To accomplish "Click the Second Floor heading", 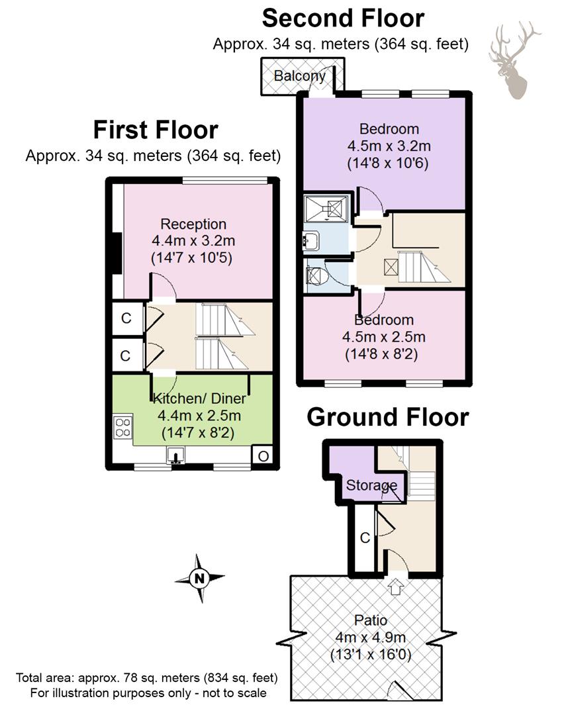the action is coord(343,19).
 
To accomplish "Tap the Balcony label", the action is coord(299,75).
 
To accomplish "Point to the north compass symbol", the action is coord(199,578).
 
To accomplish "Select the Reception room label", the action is coord(193,224).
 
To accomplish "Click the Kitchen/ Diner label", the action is coord(199,399).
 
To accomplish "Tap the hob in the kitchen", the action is coord(122,427).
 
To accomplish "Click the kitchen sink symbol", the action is coord(175,455).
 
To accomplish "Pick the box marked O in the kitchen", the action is coord(263,455).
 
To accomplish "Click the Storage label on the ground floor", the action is coord(371,485).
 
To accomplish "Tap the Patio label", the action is coord(371,620).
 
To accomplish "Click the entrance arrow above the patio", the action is coord(395,586).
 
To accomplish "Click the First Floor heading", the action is coord(156,130).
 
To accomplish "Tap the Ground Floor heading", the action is coord(387,417).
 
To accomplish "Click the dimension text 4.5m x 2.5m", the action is coord(384,337).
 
